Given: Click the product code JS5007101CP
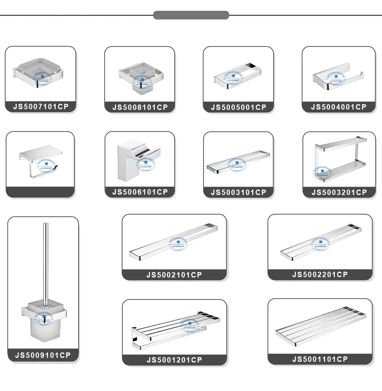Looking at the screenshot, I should pos(41,107).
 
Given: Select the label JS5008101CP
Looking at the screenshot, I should pos(140,107).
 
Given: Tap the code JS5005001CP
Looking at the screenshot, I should pos(239,107).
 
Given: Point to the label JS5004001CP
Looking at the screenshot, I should pos(339,107).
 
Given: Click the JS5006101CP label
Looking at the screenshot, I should pos(140,192).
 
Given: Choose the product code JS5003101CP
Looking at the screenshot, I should pos(239,192).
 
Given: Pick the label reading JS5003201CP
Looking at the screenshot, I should pos(339,192).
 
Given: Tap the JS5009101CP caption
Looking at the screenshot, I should pos(43,355).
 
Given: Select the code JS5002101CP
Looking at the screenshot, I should pos(174,275).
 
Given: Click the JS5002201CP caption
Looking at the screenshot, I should pos(320,275).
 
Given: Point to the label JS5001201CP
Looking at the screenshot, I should pos(174,360).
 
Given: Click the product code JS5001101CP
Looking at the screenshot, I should pos(320,359).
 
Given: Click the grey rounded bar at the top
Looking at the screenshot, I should pos(191,15).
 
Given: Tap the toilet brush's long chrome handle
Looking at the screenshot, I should pos(45,259).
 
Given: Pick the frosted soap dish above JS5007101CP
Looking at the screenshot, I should pos(39,71).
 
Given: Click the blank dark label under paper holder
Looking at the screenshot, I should pos(40,192).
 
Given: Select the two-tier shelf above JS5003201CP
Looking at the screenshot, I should pos(339,160).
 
